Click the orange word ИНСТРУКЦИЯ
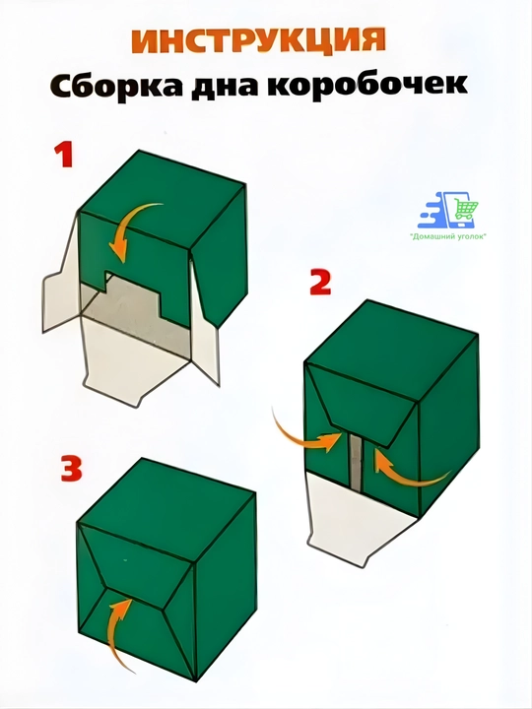[258, 42]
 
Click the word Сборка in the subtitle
[116, 85]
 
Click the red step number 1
[64, 155]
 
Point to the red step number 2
[320, 282]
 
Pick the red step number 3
[72, 469]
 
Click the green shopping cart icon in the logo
[466, 210]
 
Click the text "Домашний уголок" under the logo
[447, 236]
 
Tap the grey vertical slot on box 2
[357, 461]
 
